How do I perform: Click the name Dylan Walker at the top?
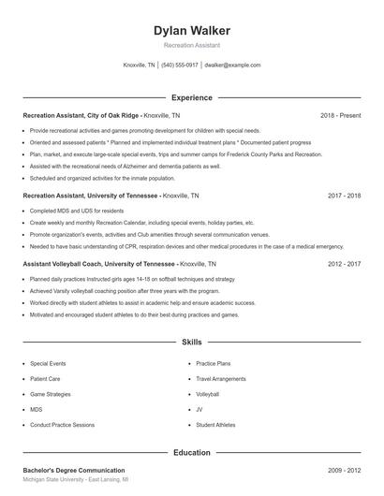click(191, 30)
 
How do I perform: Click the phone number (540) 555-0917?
click(180, 66)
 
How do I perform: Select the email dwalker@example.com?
click(232, 66)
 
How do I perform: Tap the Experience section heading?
click(191, 97)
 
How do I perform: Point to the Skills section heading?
click(191, 343)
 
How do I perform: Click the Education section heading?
click(191, 453)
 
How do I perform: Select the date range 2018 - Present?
click(340, 115)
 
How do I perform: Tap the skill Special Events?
click(48, 362)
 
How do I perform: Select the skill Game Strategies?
click(51, 394)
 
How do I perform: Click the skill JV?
click(199, 409)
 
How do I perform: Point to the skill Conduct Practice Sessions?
click(62, 425)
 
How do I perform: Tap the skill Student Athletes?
click(216, 425)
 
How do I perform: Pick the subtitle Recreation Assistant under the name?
click(191, 44)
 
